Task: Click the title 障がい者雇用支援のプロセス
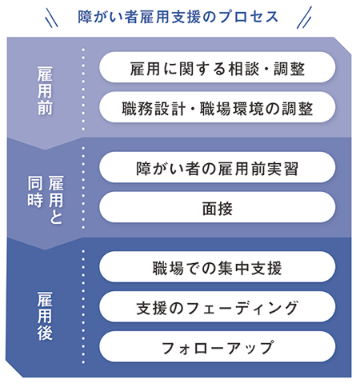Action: (178, 17)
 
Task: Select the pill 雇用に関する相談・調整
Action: (218, 67)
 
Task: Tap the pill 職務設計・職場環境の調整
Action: (218, 107)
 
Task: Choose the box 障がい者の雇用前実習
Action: (218, 167)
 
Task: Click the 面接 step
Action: (218, 207)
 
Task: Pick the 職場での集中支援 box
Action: (218, 267)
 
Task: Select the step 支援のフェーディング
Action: (218, 307)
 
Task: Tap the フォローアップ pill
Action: (218, 346)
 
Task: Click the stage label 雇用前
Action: (45, 90)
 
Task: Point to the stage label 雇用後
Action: (45, 316)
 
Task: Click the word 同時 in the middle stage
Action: (35, 191)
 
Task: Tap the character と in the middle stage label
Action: (56, 217)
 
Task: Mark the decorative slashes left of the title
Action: (52, 18)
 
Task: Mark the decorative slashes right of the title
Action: (304, 18)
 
